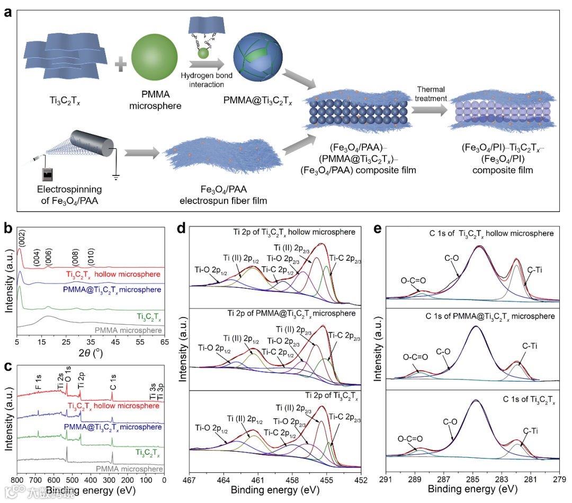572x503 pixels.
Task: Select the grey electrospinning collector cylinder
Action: pyautogui.click(x=87, y=145)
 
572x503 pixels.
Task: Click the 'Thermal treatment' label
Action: pyautogui.click(x=432, y=94)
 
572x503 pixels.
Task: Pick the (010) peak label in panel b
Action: pyautogui.click(x=91, y=252)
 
